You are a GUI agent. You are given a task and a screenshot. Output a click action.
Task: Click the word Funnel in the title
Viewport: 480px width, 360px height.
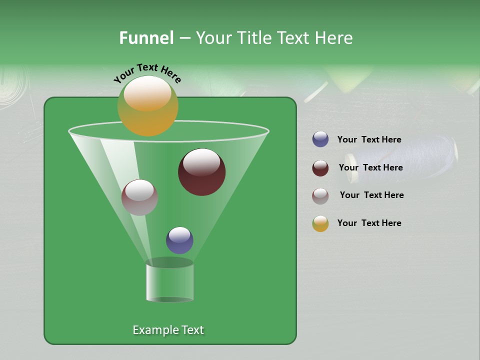(146, 38)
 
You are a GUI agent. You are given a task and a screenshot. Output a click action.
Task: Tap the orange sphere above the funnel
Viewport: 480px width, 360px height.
(147, 106)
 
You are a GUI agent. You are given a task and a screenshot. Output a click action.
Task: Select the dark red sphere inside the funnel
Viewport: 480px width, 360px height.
(201, 172)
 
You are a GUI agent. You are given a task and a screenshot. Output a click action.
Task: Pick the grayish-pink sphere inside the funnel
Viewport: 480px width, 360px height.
(139, 197)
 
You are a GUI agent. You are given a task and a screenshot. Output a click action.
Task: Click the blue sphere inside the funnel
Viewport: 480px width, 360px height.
(179, 240)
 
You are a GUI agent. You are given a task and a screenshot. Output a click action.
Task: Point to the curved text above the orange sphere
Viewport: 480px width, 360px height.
(147, 73)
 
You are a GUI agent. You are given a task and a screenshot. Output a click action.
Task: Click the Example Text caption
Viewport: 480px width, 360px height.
(168, 330)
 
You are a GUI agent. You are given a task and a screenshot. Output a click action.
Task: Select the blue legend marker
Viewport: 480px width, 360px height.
(320, 139)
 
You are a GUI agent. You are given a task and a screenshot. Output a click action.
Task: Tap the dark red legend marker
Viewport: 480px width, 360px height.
(320, 168)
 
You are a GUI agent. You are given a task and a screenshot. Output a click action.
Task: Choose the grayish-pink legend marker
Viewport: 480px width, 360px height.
(320, 196)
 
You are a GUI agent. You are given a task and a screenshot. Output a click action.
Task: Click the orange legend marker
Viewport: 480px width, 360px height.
(320, 223)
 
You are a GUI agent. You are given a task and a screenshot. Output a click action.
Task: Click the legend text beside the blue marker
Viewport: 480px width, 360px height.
(369, 139)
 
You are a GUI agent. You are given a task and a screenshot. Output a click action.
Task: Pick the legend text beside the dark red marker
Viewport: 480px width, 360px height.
(370, 167)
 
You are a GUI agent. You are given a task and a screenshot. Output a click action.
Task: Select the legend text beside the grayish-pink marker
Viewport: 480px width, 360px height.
(371, 195)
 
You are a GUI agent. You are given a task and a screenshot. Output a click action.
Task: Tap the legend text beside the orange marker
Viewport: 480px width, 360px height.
(369, 223)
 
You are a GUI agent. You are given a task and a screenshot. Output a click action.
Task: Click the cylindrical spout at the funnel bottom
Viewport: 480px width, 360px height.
(169, 282)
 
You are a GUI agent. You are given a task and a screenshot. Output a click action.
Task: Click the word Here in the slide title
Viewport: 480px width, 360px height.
(334, 38)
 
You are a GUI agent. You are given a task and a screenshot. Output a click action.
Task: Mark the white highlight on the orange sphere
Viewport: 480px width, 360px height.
(147, 94)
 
